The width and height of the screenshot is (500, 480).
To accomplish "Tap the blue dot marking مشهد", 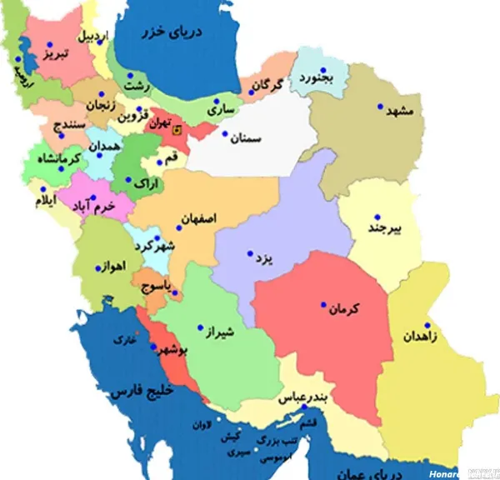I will click(379, 107).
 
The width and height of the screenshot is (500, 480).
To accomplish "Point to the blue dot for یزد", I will click(249, 254).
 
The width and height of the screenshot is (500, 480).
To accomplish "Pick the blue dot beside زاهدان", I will click(427, 326).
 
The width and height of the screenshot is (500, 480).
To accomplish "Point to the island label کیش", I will click(231, 437).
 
